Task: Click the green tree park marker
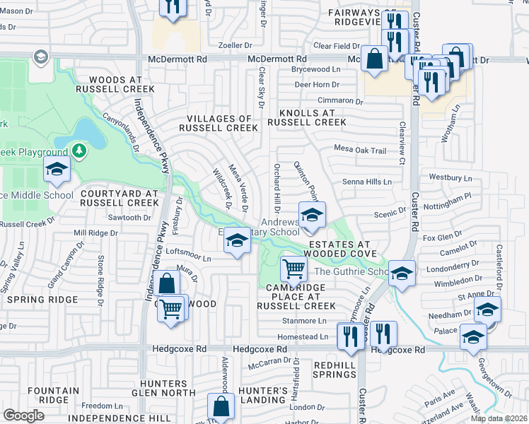[x=80, y=151]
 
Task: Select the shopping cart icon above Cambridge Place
[x=293, y=268]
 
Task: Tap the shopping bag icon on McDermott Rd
[x=373, y=59]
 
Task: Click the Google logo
[x=23, y=415]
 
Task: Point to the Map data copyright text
[x=499, y=418]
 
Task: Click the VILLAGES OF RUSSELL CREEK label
[x=219, y=123]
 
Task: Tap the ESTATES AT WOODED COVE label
[x=340, y=249]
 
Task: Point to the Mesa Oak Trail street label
[x=360, y=150]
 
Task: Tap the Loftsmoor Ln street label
[x=188, y=258]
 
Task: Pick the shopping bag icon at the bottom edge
[x=221, y=406]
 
